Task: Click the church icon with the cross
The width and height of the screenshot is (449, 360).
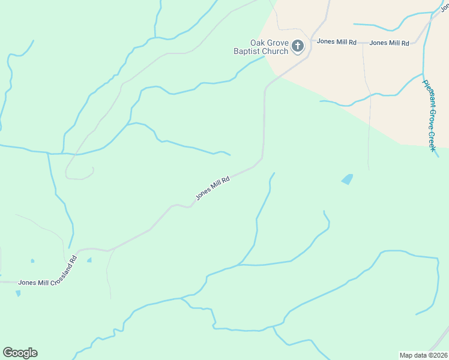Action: pyautogui.click(x=298, y=46)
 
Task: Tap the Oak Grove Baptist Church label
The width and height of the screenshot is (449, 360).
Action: pyautogui.click(x=270, y=47)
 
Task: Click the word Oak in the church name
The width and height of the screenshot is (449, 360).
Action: pyautogui.click(x=258, y=43)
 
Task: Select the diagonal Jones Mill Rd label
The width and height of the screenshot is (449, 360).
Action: pyautogui.click(x=212, y=188)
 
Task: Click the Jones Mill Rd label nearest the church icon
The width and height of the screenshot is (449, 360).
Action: pyautogui.click(x=337, y=42)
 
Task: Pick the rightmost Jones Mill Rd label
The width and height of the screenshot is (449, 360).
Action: pyautogui.click(x=389, y=43)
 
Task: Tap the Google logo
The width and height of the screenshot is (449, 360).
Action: pyautogui.click(x=20, y=353)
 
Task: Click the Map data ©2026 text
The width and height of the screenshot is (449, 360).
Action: pyautogui.click(x=423, y=355)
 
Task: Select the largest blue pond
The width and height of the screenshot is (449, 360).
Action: pyautogui.click(x=347, y=179)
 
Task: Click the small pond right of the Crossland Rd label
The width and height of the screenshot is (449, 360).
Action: pyautogui.click(x=89, y=260)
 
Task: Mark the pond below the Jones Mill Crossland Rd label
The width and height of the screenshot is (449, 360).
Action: pyautogui.click(x=18, y=293)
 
